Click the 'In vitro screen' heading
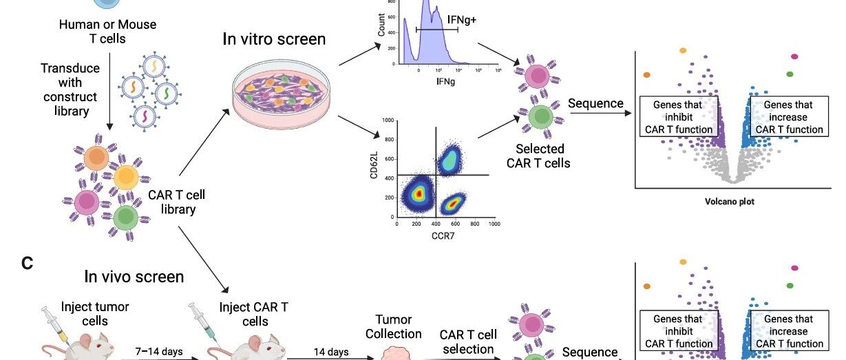[x=274, y=39]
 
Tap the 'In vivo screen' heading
[x=134, y=277]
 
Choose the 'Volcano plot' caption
[x=730, y=202]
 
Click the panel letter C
[x=28, y=263]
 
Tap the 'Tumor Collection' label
[x=393, y=326]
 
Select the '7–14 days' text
[x=159, y=352]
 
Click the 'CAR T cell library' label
[x=177, y=202]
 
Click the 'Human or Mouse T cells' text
[x=107, y=32]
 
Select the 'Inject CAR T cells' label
[x=254, y=314]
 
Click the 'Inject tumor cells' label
[x=95, y=314]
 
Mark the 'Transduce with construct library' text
[x=70, y=89]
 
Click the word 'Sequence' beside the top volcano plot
[x=596, y=104]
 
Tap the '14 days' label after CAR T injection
[x=331, y=352]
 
